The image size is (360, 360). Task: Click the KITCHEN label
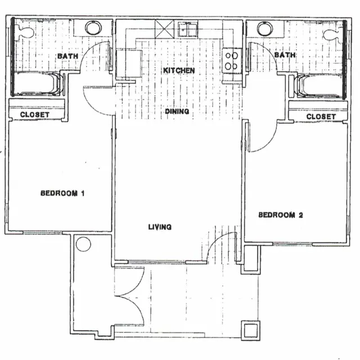point(179,71)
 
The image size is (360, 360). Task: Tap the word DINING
point(177,112)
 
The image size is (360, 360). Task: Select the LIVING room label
point(160,227)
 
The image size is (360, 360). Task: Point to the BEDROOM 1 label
point(62,194)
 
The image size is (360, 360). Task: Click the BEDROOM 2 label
point(280,215)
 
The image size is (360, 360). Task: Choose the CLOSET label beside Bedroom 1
point(34,115)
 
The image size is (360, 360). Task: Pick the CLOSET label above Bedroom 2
point(321,116)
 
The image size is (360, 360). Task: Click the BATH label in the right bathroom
point(285,55)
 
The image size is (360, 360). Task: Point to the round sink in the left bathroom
point(93,28)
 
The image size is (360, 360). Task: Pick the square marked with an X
point(164,28)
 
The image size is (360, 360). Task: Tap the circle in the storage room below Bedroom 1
point(83,245)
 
